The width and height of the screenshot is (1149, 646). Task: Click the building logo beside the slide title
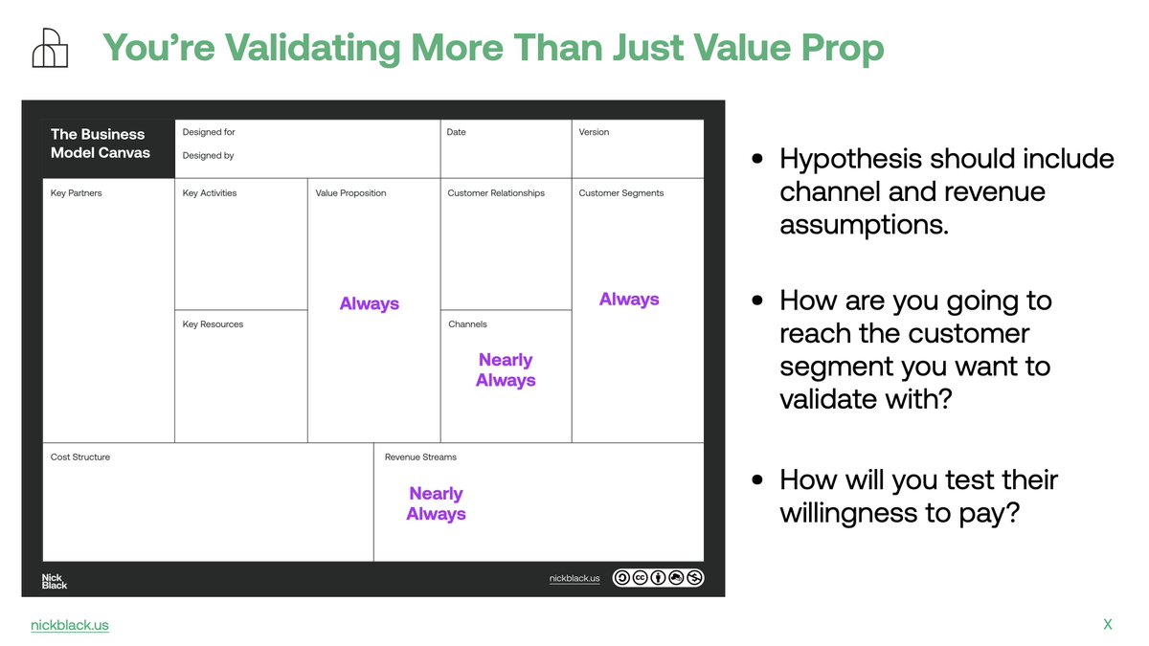pyautogui.click(x=50, y=48)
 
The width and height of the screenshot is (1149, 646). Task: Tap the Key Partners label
pyautogui.click(x=76, y=193)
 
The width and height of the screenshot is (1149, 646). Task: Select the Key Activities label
pyautogui.click(x=210, y=193)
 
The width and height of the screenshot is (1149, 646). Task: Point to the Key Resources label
pyautogui.click(x=213, y=324)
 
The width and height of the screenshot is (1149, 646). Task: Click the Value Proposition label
pyautogui.click(x=350, y=193)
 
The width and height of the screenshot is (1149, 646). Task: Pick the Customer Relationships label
pyautogui.click(x=496, y=193)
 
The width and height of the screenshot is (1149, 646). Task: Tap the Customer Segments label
pyautogui.click(x=621, y=193)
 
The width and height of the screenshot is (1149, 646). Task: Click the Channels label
pyautogui.click(x=467, y=324)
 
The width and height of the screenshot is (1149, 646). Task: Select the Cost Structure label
pyautogui.click(x=80, y=457)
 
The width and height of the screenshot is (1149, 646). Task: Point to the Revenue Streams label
pyautogui.click(x=420, y=457)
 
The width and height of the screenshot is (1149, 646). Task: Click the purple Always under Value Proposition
pyautogui.click(x=370, y=304)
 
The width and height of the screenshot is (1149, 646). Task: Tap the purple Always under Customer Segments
pyautogui.click(x=629, y=300)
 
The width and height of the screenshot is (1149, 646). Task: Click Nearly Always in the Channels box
pyautogui.click(x=506, y=370)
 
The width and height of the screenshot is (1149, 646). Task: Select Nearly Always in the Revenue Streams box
pyautogui.click(x=436, y=503)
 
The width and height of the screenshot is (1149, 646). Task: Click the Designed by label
pyautogui.click(x=208, y=156)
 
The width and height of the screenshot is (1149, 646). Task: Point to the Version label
pyautogui.click(x=594, y=132)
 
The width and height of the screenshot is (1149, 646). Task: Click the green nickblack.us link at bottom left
pyautogui.click(x=70, y=625)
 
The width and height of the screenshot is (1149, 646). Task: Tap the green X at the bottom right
pyautogui.click(x=1108, y=624)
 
